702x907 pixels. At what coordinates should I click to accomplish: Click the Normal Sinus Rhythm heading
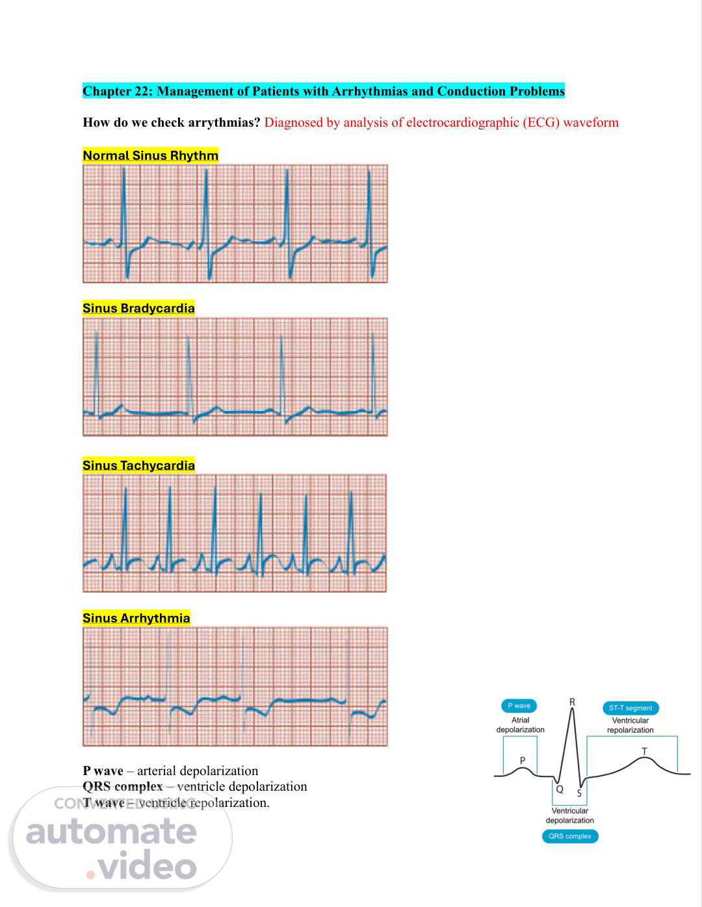[150, 155]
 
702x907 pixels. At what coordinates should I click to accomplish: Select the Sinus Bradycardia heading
[138, 308]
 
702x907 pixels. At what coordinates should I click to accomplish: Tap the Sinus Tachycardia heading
[138, 465]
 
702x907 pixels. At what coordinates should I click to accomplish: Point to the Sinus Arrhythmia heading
[136, 618]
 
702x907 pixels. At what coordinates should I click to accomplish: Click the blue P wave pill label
[519, 706]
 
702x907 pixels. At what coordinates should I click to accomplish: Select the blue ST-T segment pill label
[630, 708]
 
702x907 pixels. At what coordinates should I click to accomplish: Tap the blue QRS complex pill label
[569, 836]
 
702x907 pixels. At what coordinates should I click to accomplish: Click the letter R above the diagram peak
[572, 702]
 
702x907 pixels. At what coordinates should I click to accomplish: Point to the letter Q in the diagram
[559, 789]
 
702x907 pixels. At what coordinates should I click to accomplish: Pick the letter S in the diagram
[579, 793]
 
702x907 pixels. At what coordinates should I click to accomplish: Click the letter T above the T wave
[644, 751]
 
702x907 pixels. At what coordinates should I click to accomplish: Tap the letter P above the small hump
[523, 760]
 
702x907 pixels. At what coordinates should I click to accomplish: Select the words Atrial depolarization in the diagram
[520, 725]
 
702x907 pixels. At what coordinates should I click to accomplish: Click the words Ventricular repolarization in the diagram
[630, 725]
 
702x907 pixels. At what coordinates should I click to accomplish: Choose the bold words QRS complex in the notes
[122, 787]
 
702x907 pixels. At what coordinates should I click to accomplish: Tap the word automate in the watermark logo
[111, 832]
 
